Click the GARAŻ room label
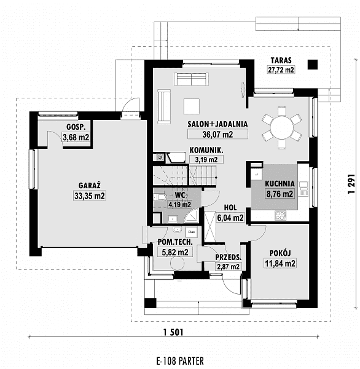[89, 185]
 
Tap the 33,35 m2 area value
[89, 196]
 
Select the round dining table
[282, 127]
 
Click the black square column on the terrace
[313, 65]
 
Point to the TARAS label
[281, 60]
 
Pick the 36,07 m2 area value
[217, 134]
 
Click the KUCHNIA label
[280, 183]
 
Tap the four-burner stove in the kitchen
[281, 215]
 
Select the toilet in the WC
[160, 197]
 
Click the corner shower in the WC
[192, 215]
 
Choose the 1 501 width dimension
[173, 332]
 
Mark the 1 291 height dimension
[351, 184]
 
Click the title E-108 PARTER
[180, 360]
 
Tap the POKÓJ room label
[280, 253]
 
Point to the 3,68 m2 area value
[76, 137]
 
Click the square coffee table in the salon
[192, 106]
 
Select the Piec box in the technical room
[192, 232]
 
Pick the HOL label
[230, 208]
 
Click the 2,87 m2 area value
[228, 266]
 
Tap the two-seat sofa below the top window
[192, 79]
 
